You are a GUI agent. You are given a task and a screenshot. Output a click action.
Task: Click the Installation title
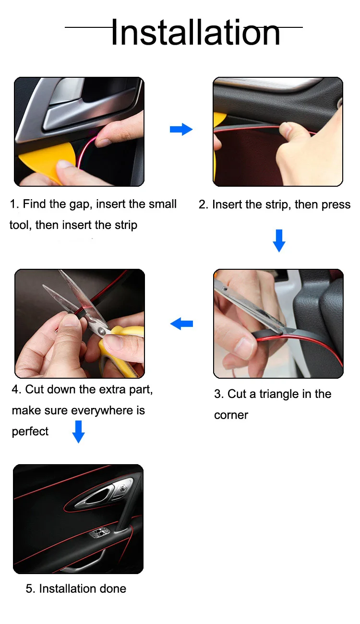196,32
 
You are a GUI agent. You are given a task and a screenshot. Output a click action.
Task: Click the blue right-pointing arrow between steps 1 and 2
181,129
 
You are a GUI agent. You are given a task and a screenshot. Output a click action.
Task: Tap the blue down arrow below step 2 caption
279,240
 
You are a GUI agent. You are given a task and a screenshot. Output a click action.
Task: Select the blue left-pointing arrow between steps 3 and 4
181,324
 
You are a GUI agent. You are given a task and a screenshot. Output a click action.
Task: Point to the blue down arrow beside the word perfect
78,432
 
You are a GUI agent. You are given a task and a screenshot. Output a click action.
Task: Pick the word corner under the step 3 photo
231,415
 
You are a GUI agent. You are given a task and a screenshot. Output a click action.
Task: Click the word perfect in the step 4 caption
30,431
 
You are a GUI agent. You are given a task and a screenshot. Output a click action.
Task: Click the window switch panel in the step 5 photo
99,532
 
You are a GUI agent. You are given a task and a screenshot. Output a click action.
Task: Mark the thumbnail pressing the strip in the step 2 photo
285,129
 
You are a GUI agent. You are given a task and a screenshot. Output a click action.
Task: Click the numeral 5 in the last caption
29,589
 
